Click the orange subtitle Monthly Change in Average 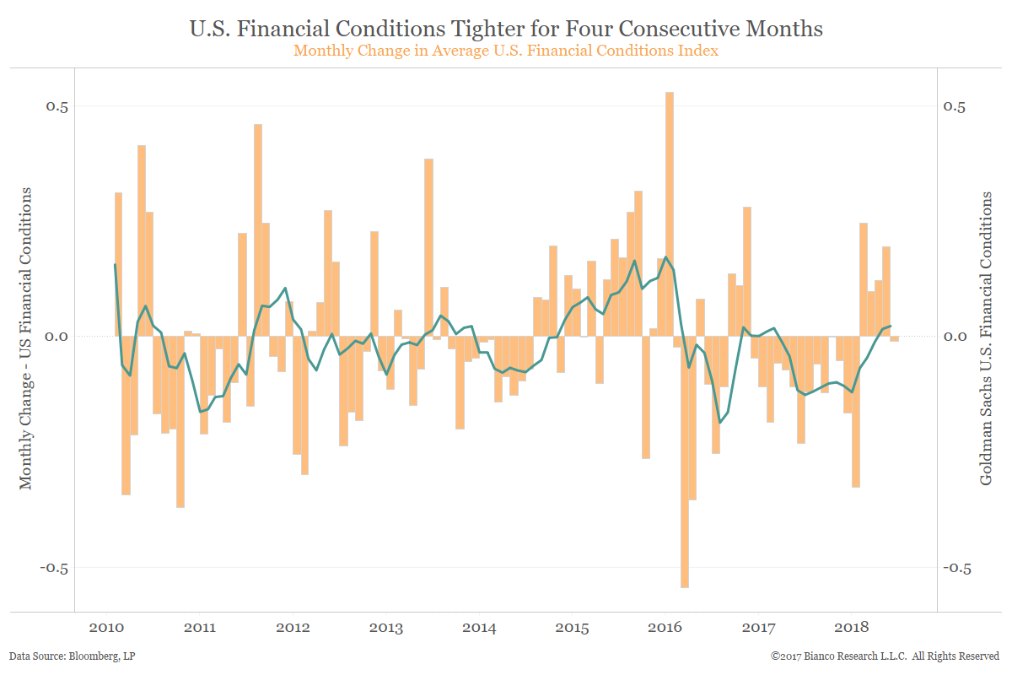point(506,51)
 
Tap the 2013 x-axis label point(385,628)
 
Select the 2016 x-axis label point(665,628)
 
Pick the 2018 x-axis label point(851,628)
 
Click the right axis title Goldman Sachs point(986,337)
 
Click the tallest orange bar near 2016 point(669,211)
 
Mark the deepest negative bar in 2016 point(685,464)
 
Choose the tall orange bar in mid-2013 point(428,245)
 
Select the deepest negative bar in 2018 point(855,413)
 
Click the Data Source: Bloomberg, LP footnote point(63,656)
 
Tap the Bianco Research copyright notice point(885,656)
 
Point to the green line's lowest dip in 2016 point(720,423)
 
